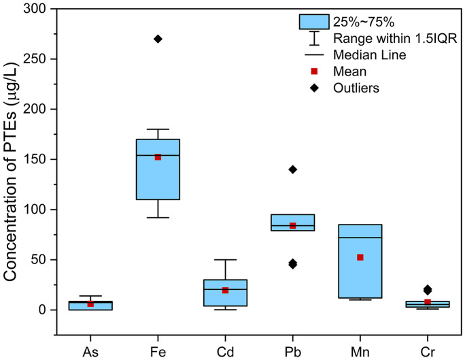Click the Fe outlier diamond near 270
[158, 39]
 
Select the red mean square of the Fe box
[158, 157]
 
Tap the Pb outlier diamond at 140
[292, 169]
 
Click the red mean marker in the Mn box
[360, 257]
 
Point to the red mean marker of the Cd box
[225, 290]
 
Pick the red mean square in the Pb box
[292, 225]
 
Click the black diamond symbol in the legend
[313, 87]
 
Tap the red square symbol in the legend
[313, 70]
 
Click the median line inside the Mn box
[360, 238]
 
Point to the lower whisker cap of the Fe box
[158, 217]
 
